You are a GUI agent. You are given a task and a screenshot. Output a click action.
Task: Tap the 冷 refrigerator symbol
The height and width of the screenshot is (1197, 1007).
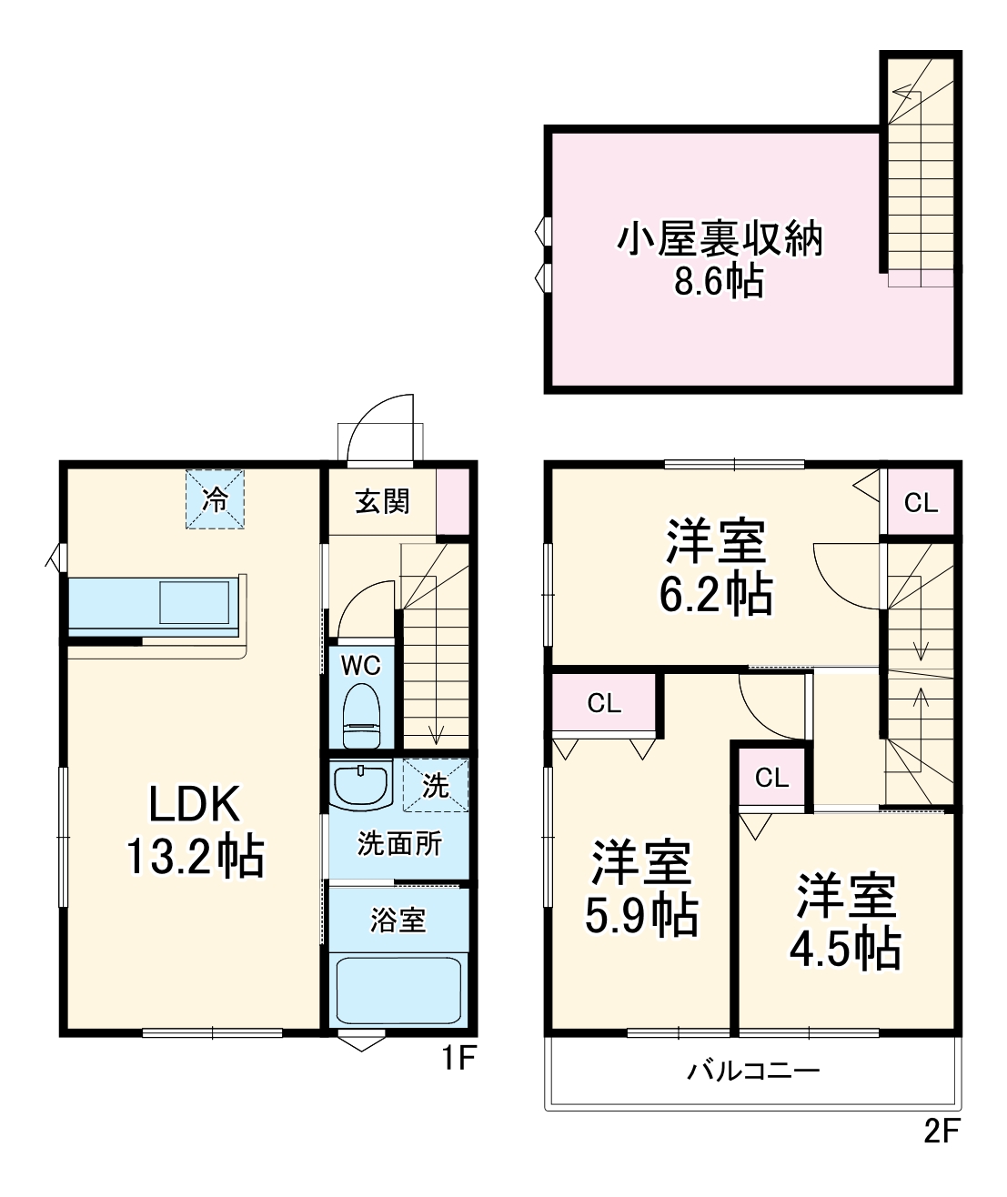click(x=216, y=498)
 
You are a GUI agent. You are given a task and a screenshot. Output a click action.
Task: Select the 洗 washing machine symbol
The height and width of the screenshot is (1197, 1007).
click(x=436, y=784)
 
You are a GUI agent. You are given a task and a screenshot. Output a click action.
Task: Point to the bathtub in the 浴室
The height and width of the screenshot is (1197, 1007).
click(x=398, y=990)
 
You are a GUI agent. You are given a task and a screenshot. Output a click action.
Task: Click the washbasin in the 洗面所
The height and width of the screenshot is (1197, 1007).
click(x=361, y=786)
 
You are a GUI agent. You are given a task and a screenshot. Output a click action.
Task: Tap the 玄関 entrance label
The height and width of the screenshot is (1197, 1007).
click(x=382, y=501)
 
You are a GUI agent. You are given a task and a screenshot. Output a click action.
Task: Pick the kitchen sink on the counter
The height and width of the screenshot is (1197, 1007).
click(x=195, y=603)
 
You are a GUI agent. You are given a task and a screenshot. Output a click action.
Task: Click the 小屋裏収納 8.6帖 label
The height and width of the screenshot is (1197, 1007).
click(x=720, y=259)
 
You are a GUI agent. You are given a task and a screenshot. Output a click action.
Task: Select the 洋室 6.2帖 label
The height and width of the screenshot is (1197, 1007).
click(x=716, y=567)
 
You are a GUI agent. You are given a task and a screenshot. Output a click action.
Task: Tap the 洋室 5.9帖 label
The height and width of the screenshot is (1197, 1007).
click(x=641, y=889)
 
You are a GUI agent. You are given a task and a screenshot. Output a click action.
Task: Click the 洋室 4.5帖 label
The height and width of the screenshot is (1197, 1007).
click(x=845, y=920)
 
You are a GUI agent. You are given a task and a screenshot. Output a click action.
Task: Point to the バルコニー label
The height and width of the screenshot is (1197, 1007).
click(x=753, y=1071)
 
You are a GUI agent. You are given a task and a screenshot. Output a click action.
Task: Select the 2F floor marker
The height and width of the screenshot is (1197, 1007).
click(x=942, y=1131)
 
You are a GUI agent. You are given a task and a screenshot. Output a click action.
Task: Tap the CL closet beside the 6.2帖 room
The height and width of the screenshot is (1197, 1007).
click(x=921, y=502)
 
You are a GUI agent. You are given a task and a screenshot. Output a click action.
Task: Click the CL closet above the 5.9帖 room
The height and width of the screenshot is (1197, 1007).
click(x=604, y=703)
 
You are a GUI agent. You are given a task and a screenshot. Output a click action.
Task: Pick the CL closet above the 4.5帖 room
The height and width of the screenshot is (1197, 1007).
click(x=771, y=778)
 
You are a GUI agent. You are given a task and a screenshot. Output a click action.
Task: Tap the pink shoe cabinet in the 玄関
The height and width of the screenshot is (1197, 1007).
click(x=452, y=501)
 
